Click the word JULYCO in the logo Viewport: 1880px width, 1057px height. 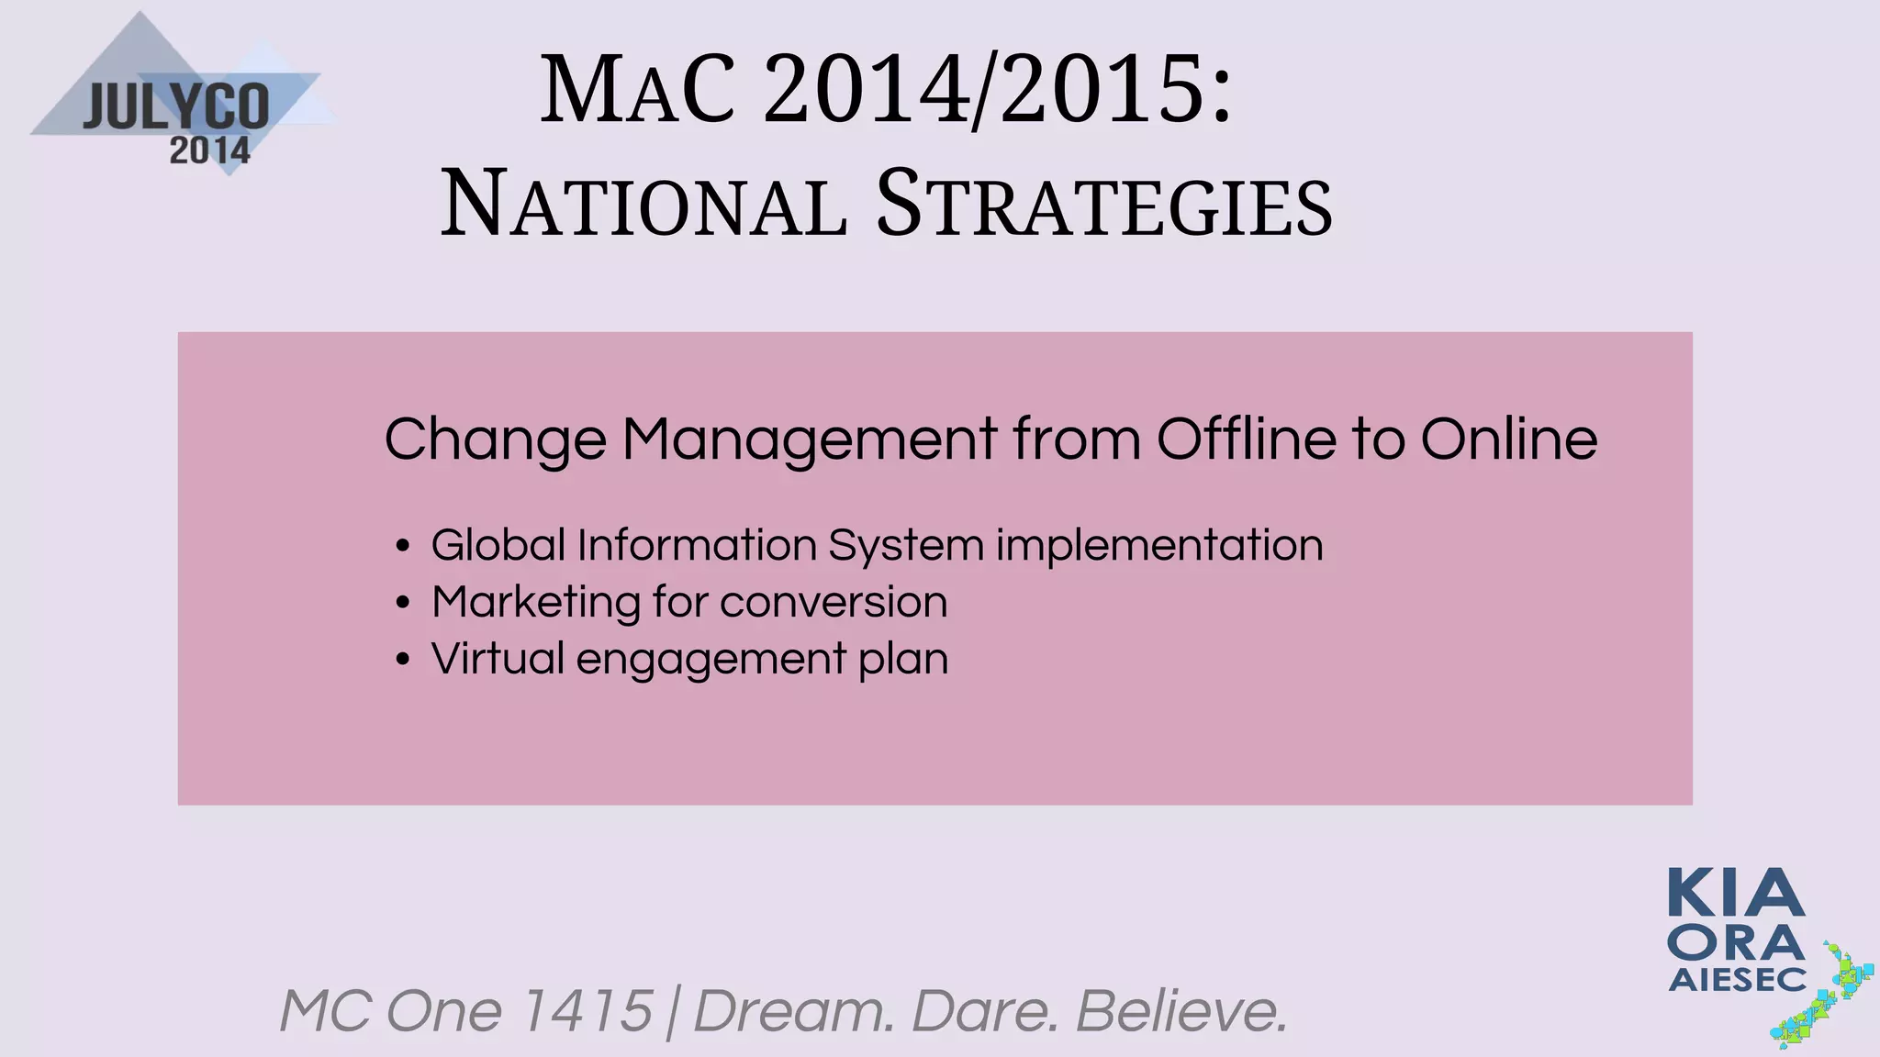[x=176, y=107]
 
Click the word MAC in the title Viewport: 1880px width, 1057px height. [x=638, y=91]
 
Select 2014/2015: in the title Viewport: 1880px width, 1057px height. [x=997, y=91]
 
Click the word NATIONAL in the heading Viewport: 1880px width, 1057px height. [x=643, y=205]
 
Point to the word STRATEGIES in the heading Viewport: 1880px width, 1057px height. [x=1103, y=205]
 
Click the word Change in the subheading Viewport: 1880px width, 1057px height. [x=495, y=439]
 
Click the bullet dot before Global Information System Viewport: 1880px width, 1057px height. [x=402, y=546]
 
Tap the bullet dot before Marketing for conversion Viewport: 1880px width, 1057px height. [x=402, y=603]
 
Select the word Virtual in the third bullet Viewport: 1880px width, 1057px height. [x=498, y=659]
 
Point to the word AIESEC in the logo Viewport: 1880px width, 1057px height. [x=1737, y=980]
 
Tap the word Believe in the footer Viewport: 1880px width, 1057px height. [x=1181, y=1011]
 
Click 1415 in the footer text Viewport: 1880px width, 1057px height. [x=586, y=1011]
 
